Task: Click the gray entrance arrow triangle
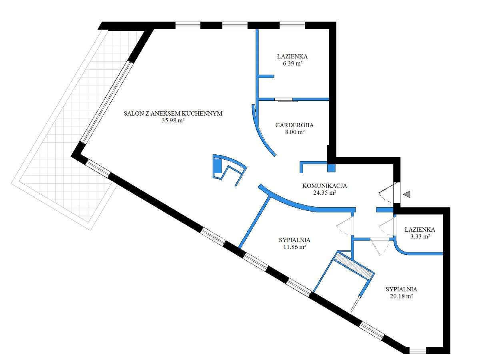[407, 194]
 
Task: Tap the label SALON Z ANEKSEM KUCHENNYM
[173, 114]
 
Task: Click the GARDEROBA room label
[294, 125]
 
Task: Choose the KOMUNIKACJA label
[324, 186]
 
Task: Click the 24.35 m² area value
[324, 192]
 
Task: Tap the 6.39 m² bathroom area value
[292, 63]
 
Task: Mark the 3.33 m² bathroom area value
[420, 236]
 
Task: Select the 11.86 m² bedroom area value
[295, 247]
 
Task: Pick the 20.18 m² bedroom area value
[402, 296]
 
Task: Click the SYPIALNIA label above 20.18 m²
[402, 289]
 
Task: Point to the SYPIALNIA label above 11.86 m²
[295, 240]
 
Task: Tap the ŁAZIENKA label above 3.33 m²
[420, 230]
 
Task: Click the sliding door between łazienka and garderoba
[285, 100]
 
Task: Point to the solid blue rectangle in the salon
[217, 166]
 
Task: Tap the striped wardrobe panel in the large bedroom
[352, 267]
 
